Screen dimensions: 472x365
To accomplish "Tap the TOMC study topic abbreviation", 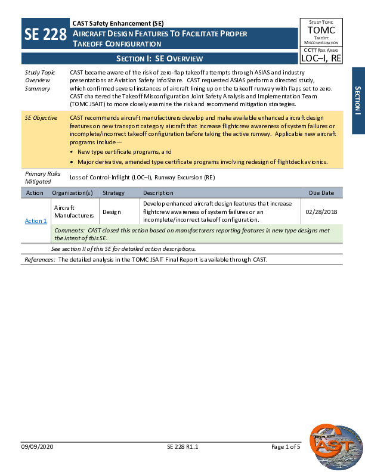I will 321,30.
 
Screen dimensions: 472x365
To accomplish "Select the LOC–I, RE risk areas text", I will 321,58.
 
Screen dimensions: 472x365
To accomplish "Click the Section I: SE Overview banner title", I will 159,58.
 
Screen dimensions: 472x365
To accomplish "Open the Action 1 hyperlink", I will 36,221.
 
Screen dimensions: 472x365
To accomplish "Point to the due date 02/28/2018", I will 321,212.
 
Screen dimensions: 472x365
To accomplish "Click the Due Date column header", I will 321,193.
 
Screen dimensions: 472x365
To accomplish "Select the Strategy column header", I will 113,193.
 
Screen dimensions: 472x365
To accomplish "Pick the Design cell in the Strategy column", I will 111,212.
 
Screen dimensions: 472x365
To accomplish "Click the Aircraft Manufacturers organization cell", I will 73,212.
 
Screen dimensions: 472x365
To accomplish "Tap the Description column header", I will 158,193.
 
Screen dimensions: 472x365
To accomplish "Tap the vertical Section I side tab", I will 358,100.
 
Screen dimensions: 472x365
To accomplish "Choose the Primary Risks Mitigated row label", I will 38,178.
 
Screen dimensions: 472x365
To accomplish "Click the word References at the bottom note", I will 39,260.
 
